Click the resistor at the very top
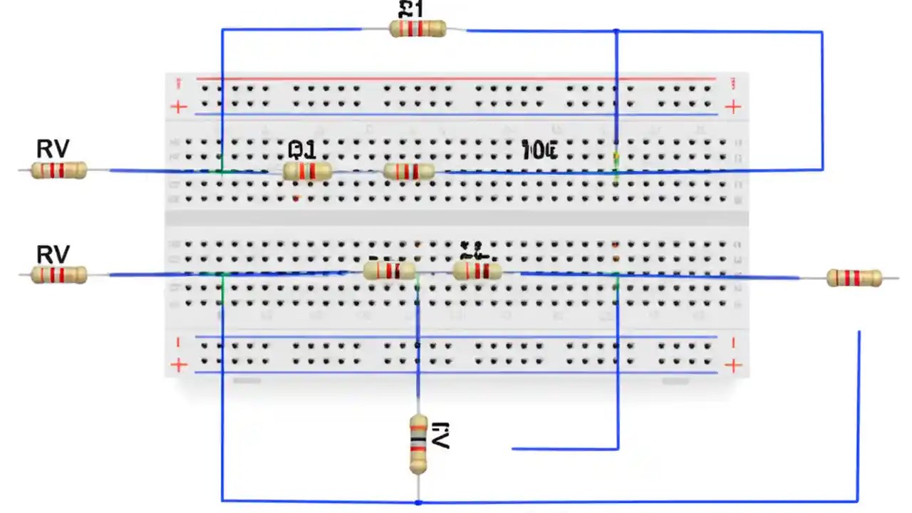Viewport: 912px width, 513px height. tap(418, 28)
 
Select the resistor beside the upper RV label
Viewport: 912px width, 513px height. tap(59, 170)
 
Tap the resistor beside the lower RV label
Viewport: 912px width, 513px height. tap(59, 274)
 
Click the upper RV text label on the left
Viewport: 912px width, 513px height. tap(53, 150)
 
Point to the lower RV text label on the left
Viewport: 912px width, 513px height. tap(53, 254)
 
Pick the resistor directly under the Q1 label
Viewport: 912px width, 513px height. tap(307, 171)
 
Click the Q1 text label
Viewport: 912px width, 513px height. tap(302, 150)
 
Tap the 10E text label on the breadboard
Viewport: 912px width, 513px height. tap(539, 150)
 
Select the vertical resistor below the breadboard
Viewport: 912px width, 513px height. tap(418, 444)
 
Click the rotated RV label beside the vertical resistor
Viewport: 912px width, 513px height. tap(440, 435)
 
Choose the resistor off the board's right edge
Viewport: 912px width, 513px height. tap(854, 278)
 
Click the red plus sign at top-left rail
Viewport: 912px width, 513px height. tap(178, 108)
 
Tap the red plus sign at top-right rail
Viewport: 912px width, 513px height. tap(732, 108)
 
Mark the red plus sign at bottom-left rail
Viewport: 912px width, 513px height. tap(178, 366)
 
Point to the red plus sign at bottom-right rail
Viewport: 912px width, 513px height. tap(732, 366)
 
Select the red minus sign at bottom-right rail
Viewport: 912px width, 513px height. tap(732, 343)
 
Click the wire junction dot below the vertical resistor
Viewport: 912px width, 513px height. tap(418, 502)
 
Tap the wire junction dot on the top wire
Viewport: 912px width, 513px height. tap(616, 31)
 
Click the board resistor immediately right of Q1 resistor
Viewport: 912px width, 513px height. tap(408, 172)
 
